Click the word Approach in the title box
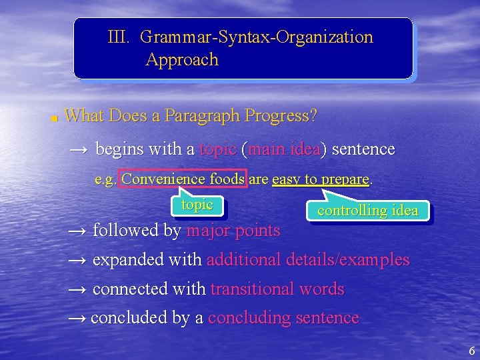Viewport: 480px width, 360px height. [x=182, y=60]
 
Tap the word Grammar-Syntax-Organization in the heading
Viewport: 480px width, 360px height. [x=257, y=37]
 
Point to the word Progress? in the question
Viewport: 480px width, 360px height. [x=281, y=116]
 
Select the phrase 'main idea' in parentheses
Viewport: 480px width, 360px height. [x=284, y=149]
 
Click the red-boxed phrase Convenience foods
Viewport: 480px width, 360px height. [x=183, y=179]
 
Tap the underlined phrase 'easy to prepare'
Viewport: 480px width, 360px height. [x=321, y=179]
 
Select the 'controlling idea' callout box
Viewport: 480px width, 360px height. [x=367, y=211]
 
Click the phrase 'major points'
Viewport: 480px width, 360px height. [x=233, y=231]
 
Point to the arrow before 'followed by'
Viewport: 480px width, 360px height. [x=78, y=231]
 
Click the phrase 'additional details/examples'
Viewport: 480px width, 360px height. [x=308, y=260]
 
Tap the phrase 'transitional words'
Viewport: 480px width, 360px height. [x=277, y=289]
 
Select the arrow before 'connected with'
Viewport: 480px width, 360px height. [x=78, y=289]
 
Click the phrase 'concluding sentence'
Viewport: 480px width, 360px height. [x=283, y=318]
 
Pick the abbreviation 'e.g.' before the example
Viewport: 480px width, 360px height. [x=105, y=179]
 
